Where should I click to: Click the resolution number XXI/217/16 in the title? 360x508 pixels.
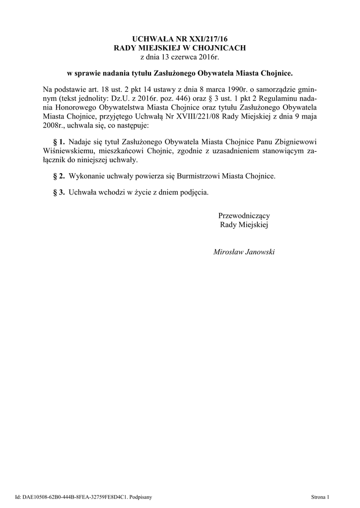[206, 38]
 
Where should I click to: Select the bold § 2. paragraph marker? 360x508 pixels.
[59, 176]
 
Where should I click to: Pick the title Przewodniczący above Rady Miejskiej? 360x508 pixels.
[244, 216]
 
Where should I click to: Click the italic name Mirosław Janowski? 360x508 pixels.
[244, 252]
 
